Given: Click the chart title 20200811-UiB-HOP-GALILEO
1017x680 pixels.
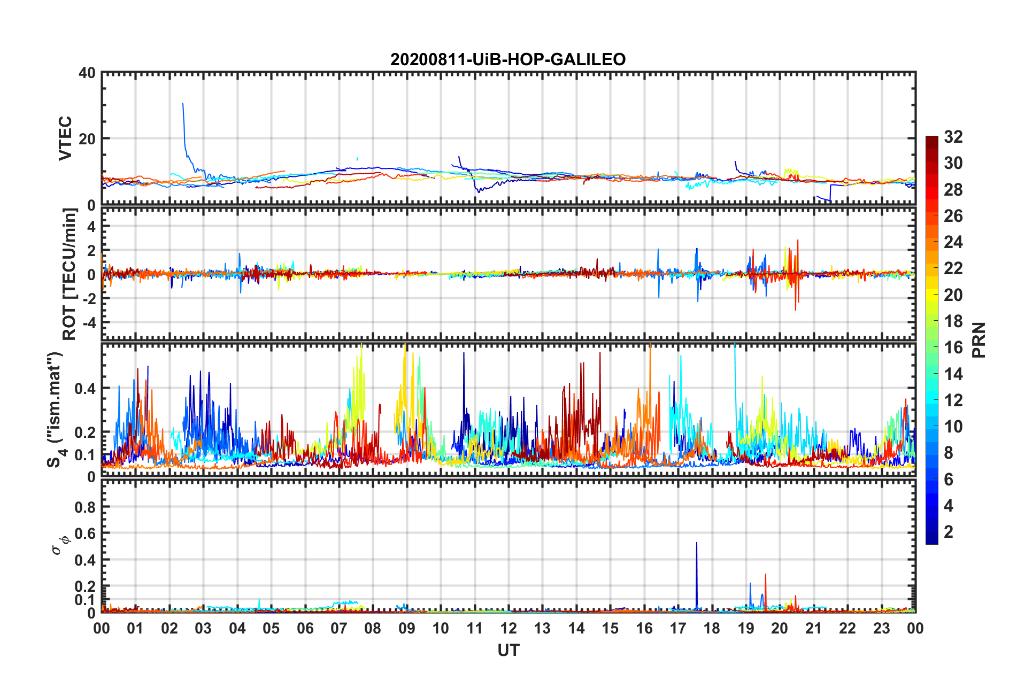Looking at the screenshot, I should tap(507, 59).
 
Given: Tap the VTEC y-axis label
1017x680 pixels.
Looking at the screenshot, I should tap(65, 138).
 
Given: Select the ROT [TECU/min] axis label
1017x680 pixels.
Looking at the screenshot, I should tap(70, 274).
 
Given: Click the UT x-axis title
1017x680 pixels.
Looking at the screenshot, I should tap(508, 650).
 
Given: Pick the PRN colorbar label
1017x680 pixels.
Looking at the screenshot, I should tap(979, 340).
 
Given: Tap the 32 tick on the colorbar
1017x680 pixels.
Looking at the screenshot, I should tap(953, 137).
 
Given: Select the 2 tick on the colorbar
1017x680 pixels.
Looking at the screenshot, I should tap(949, 531).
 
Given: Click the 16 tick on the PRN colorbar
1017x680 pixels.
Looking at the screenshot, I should tap(953, 347).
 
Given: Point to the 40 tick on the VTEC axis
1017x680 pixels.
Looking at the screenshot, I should tap(87, 73).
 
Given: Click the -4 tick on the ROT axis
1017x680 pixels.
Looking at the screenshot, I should tap(88, 323).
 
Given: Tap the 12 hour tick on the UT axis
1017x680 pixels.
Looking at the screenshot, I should tap(508, 628).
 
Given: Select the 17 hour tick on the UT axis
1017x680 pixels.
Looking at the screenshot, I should tap(678, 628).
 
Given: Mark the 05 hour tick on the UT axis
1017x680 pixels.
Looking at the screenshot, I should tap(271, 628).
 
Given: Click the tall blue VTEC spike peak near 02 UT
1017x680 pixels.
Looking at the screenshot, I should tap(183, 104).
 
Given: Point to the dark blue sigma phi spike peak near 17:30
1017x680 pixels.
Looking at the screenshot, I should tap(696, 543).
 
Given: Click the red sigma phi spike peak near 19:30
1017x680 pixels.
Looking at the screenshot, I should tap(766, 575).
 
